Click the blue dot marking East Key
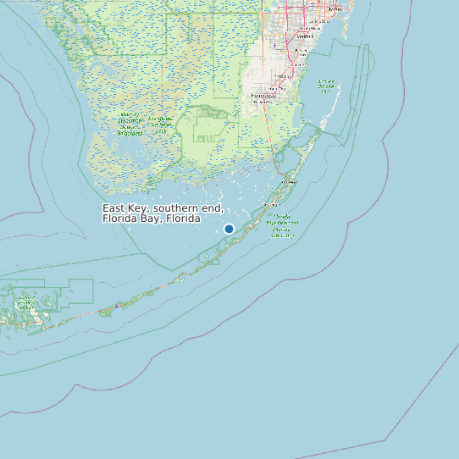tap(229, 229)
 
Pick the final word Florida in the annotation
tap(184, 218)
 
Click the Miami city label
tap(335, 8)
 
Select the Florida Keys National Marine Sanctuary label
tap(282, 226)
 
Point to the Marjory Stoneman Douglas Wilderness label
tap(130, 124)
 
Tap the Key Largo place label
tap(290, 180)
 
